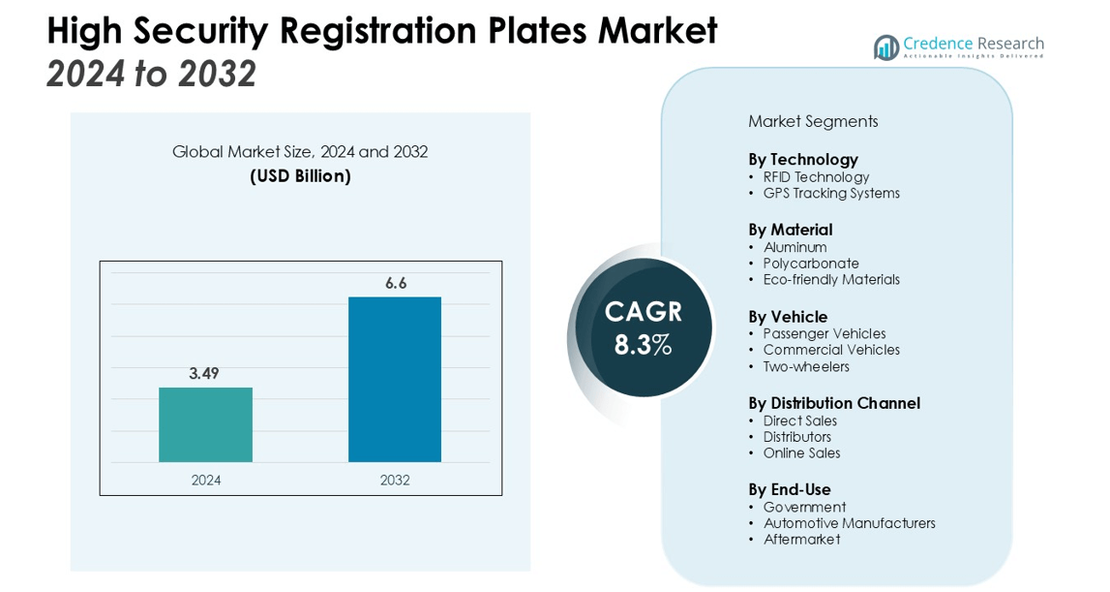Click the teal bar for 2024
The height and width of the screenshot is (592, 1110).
(205, 424)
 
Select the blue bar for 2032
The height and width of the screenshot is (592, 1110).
(395, 379)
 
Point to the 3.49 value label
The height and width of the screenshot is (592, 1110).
(204, 373)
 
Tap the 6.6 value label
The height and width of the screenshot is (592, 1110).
(396, 283)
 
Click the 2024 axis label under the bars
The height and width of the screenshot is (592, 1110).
(206, 480)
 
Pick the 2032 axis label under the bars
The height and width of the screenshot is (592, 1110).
(395, 480)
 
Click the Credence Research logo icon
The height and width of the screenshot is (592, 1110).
(885, 47)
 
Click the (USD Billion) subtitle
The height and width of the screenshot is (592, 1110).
(300, 175)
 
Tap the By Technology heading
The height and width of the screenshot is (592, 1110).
(803, 159)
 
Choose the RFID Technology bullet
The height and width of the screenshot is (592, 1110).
(816, 176)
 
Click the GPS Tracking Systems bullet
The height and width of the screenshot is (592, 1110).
(831, 193)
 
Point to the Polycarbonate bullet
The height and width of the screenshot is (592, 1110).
(811, 264)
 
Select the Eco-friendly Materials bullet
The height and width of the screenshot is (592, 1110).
(831, 279)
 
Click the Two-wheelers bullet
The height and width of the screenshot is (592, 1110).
(806, 366)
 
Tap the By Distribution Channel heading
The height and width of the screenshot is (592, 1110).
(834, 403)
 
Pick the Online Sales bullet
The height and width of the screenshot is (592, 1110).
(801, 452)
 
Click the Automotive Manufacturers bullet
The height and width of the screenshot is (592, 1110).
(849, 523)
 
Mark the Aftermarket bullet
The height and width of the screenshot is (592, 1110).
(801, 539)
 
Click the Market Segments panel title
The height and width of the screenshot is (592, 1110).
(813, 121)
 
